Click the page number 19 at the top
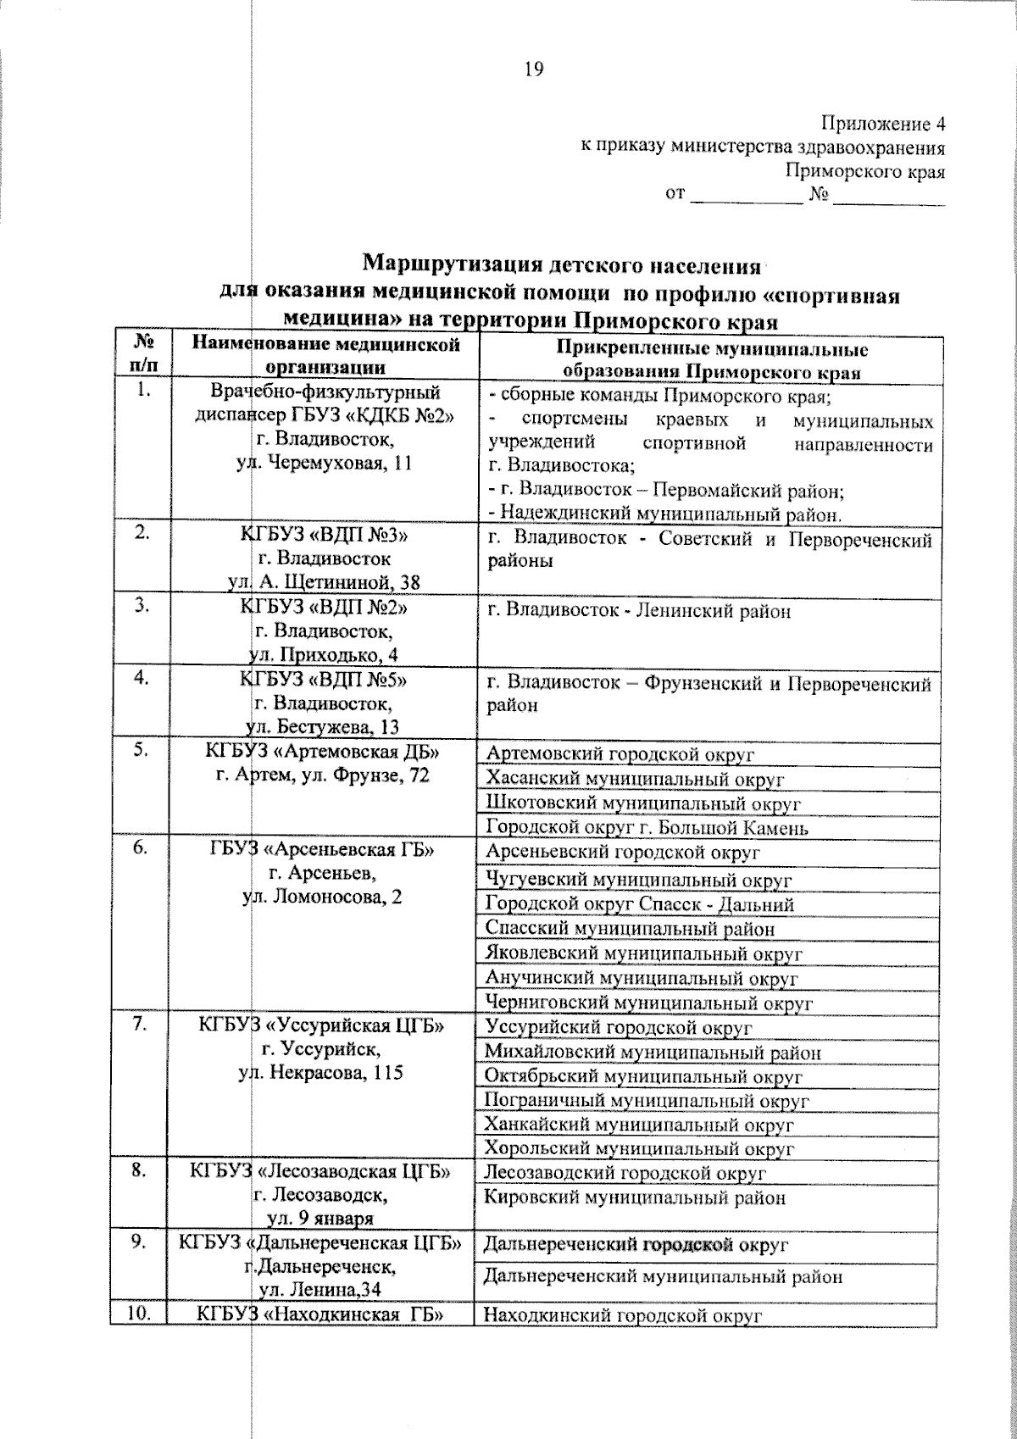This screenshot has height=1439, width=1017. [534, 69]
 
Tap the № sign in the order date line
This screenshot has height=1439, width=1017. [818, 195]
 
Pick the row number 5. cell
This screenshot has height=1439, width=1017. [141, 750]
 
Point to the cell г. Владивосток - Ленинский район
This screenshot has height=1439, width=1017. [638, 610]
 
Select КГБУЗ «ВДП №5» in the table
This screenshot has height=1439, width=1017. [325, 679]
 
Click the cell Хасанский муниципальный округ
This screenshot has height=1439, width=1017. [635, 779]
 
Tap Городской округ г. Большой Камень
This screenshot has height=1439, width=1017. [647, 827]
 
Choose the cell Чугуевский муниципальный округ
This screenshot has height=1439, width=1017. [637, 880]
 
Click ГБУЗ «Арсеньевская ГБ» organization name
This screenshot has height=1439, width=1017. [322, 851]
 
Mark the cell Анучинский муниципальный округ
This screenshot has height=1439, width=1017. [641, 978]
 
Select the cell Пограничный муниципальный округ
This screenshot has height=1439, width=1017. [646, 1101]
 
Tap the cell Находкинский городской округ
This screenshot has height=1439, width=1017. [623, 1315]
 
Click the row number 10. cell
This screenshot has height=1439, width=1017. [140, 1314]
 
